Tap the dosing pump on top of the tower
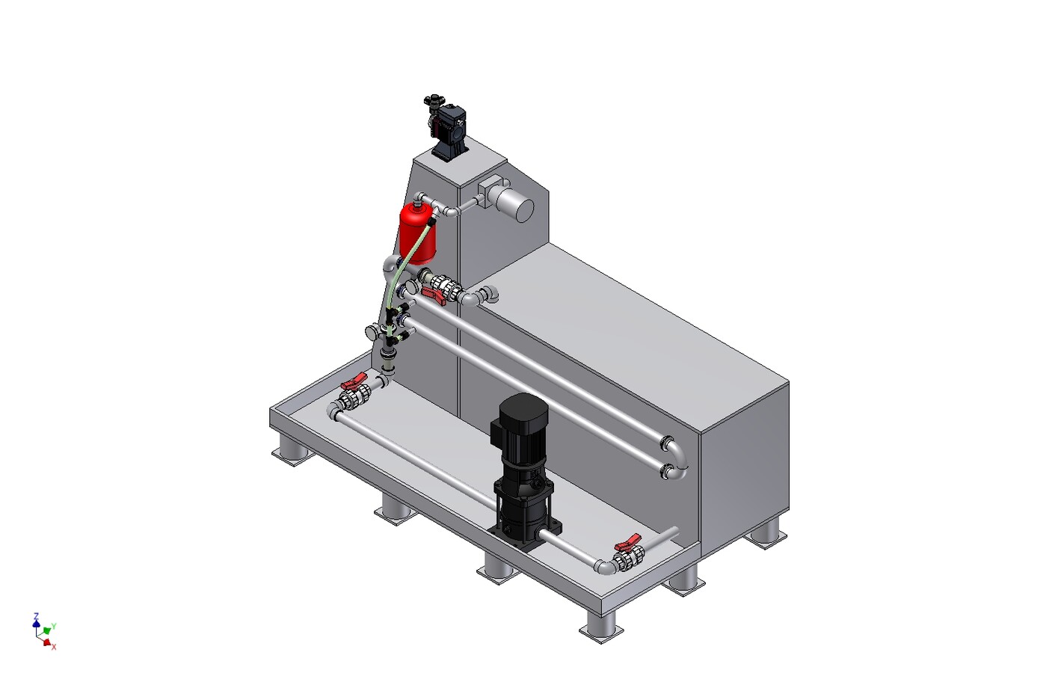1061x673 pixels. (447, 128)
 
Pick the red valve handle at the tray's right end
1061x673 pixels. (629, 542)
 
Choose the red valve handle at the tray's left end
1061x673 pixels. (354, 380)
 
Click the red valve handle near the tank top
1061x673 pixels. (434, 295)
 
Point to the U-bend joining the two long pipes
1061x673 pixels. (677, 458)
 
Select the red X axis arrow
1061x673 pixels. (47, 642)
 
